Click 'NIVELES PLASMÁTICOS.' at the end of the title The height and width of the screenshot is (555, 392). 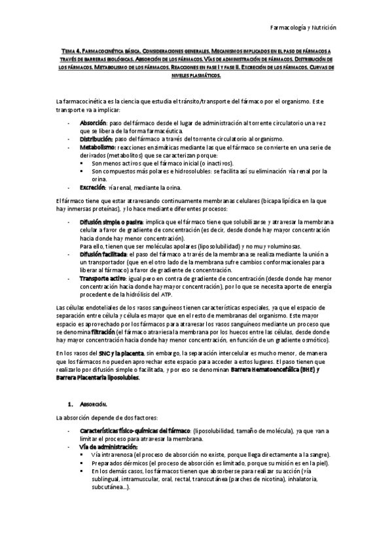pos(196,75)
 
